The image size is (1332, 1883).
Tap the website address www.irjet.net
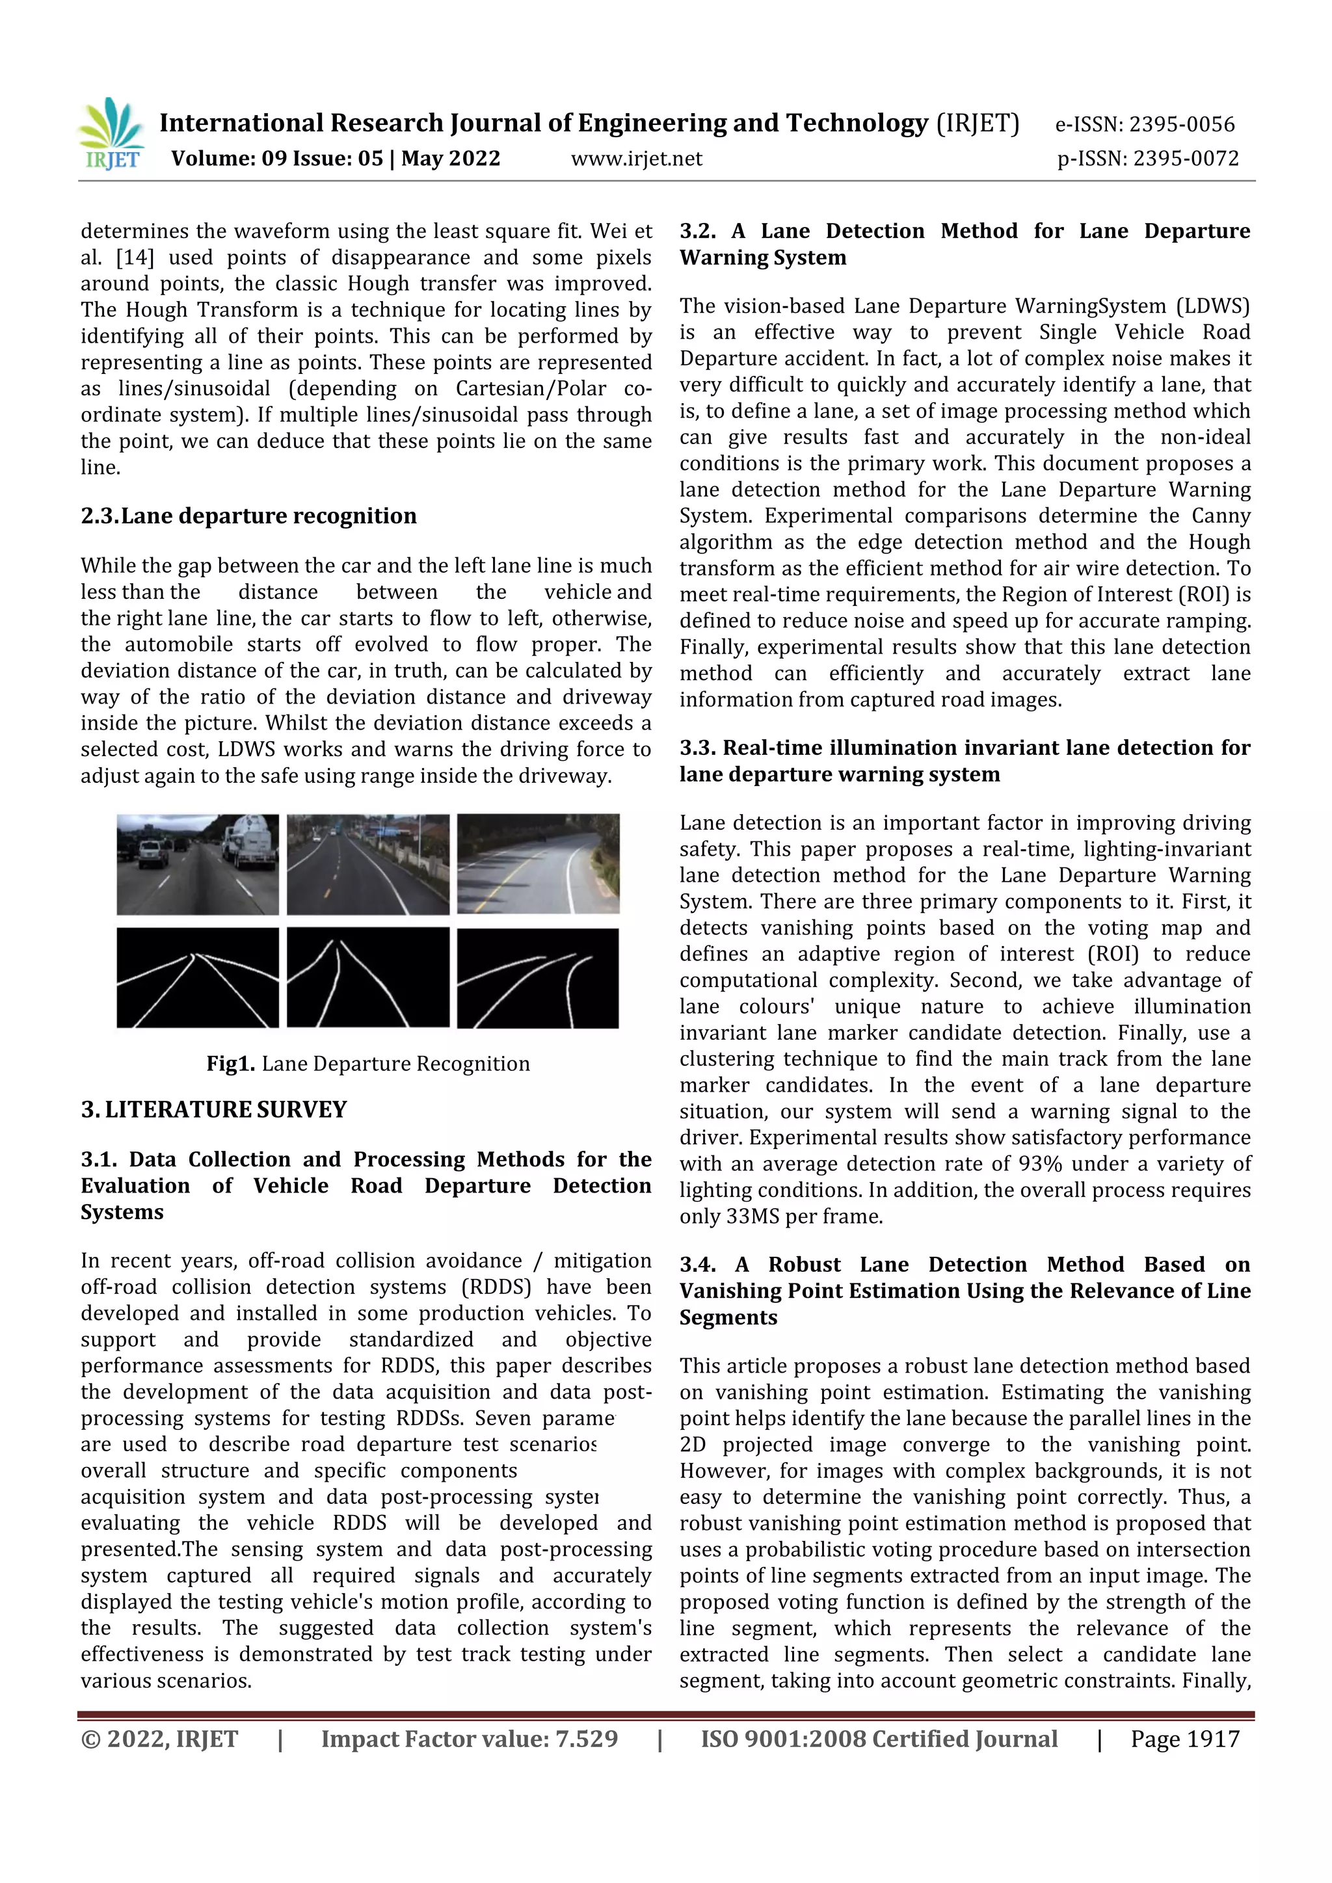(x=637, y=158)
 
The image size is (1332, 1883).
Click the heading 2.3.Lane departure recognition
(x=248, y=516)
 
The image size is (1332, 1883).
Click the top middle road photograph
(x=367, y=864)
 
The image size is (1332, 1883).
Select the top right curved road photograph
(x=538, y=863)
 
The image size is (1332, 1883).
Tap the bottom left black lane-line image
(x=198, y=977)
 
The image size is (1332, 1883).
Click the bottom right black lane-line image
(x=538, y=977)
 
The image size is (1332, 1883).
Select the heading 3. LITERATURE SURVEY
(x=213, y=1110)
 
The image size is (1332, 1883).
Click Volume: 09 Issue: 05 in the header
(x=276, y=158)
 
